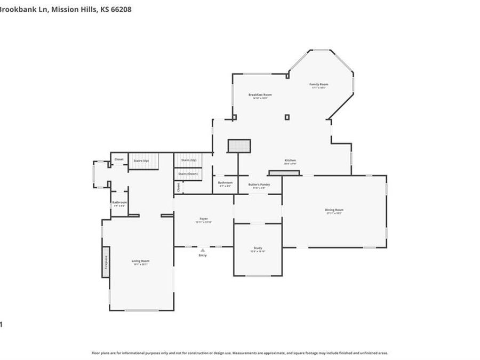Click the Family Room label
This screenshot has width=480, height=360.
[x=319, y=84]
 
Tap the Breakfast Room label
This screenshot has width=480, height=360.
[x=260, y=95]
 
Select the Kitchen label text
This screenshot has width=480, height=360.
[x=290, y=161]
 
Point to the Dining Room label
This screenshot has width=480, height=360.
[x=334, y=210]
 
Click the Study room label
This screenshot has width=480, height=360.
[x=258, y=249]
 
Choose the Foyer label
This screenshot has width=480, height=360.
[x=204, y=219]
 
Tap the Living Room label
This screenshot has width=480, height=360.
[x=141, y=261]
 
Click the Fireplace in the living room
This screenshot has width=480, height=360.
[x=106, y=262]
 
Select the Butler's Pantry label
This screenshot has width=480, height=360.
[x=259, y=185]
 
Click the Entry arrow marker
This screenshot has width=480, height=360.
[x=202, y=250]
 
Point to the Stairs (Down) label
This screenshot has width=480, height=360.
[x=188, y=174]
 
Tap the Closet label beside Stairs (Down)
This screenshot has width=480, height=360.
[x=178, y=187]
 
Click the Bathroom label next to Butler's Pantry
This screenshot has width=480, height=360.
[x=225, y=183]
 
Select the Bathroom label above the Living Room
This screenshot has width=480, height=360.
[x=119, y=203]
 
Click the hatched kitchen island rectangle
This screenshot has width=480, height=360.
[x=239, y=146]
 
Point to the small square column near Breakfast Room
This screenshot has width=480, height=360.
[x=287, y=117]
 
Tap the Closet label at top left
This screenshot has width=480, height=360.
[x=118, y=159]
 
